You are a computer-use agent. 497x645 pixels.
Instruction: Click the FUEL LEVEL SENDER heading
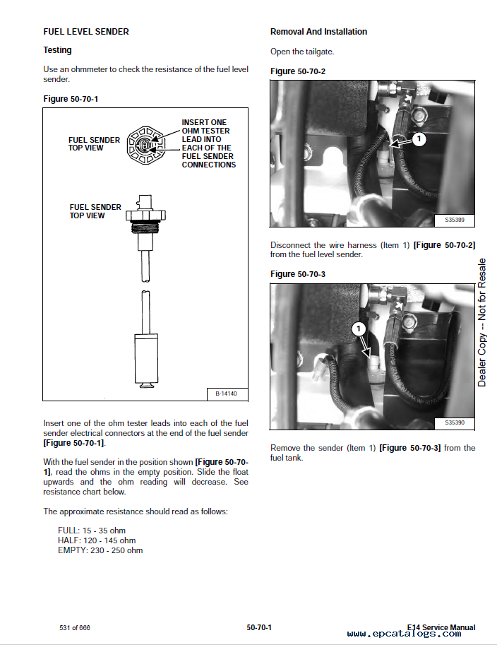[x=86, y=32]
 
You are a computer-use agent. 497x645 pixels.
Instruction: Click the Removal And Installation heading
[x=318, y=32]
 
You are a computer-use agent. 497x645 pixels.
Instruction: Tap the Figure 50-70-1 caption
[x=71, y=99]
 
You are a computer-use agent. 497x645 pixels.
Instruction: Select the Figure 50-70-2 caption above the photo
[x=298, y=71]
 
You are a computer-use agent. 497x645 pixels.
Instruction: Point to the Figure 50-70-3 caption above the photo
[x=298, y=274]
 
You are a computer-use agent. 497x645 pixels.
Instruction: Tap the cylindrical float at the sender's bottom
[x=148, y=357]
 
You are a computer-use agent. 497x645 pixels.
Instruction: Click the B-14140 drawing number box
[x=227, y=393]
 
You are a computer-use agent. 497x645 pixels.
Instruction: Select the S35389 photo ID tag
[x=454, y=220]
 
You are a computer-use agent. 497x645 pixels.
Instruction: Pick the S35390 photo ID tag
[x=454, y=422]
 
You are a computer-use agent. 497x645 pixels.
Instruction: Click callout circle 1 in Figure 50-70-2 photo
[x=419, y=139]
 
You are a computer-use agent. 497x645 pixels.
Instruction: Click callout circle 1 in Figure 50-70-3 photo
[x=358, y=329]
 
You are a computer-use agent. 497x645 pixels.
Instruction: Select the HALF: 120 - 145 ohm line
[x=97, y=540]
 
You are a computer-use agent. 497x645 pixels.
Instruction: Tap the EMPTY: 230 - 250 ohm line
[x=100, y=550]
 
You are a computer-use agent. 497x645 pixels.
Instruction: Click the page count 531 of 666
[x=75, y=628]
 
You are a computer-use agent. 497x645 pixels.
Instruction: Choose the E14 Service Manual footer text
[x=441, y=627]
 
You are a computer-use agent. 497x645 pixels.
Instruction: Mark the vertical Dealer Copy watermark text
[x=482, y=322]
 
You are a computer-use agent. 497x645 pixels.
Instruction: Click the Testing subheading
[x=57, y=50]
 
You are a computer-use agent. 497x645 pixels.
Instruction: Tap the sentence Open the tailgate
[x=302, y=52]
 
